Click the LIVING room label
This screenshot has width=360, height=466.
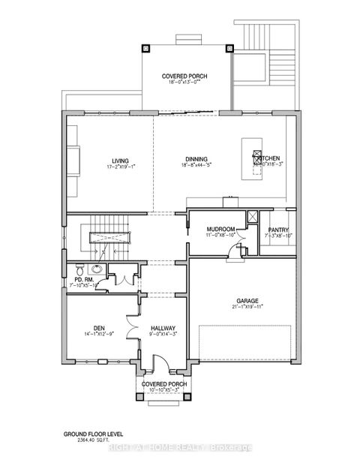click(x=120, y=161)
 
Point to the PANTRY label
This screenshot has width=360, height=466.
click(x=277, y=230)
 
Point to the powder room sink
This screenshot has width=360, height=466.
click(x=96, y=269)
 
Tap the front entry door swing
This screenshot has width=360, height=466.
click(x=154, y=365)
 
